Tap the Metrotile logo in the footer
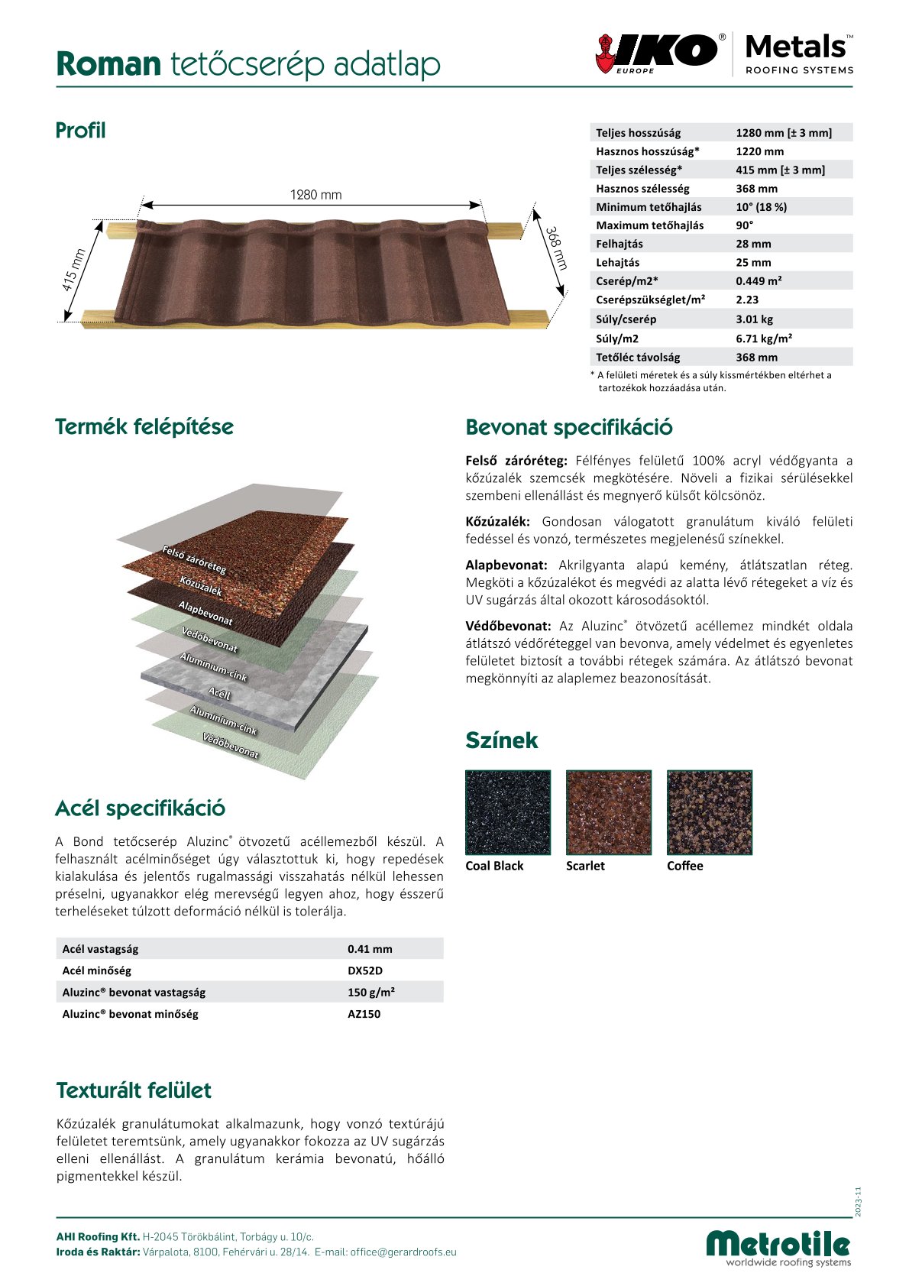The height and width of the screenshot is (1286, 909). [778, 1246]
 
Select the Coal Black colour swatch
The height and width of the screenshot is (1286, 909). [507, 812]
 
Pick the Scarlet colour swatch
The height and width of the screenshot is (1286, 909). [608, 812]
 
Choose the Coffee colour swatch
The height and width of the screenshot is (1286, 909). [709, 812]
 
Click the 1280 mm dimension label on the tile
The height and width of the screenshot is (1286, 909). [315, 195]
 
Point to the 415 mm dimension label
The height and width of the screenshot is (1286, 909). [74, 270]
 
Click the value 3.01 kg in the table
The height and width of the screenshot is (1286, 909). [753, 319]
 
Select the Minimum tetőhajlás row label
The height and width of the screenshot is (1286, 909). [649, 207]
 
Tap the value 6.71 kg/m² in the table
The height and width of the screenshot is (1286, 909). [764, 339]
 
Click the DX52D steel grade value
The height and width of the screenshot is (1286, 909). [364, 970]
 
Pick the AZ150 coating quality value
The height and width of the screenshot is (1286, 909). [364, 1014]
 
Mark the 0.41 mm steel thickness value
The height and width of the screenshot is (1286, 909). [370, 949]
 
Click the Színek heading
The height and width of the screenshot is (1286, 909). [501, 740]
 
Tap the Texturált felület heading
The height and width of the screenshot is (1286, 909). [134, 1090]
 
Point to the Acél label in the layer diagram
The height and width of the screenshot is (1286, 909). [219, 693]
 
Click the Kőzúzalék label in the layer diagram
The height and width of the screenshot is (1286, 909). [201, 586]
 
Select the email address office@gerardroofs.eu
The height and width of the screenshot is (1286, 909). [403, 1252]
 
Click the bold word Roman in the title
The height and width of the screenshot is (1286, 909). [108, 65]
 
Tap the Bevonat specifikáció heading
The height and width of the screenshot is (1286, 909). [569, 427]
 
